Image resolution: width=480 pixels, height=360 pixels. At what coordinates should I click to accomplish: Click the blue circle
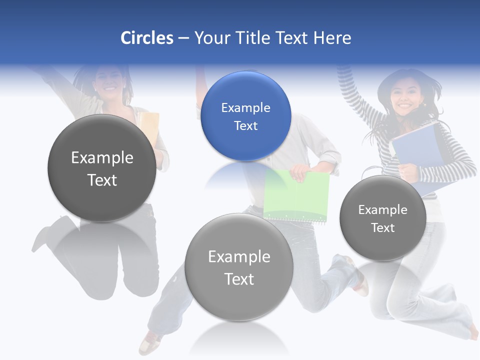click(x=245, y=116)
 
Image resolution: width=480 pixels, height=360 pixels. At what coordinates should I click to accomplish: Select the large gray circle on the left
click(x=102, y=168)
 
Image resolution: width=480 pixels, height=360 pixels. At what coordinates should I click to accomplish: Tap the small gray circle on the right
click(x=383, y=218)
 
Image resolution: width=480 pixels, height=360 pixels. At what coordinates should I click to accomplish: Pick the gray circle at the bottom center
click(x=239, y=267)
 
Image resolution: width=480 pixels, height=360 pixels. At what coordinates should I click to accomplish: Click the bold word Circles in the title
click(x=147, y=38)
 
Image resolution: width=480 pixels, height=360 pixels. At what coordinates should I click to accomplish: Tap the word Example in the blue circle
click(x=245, y=107)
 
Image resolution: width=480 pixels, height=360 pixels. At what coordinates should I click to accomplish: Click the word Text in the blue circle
click(x=245, y=125)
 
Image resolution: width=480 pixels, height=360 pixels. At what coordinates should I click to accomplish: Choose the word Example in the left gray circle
click(x=102, y=157)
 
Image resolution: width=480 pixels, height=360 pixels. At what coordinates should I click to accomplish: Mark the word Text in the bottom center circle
click(x=239, y=279)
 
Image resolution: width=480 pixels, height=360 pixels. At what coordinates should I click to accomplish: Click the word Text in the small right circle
click(x=383, y=227)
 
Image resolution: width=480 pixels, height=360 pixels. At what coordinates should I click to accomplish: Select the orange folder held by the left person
click(x=148, y=127)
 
